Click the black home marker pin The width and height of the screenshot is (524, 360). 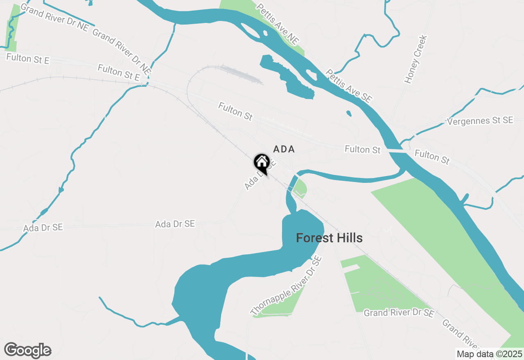tap(262, 163)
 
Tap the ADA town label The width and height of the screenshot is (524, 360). tap(284, 149)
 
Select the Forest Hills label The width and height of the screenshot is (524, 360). tap(329, 238)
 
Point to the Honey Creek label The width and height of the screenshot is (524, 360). tap(416, 59)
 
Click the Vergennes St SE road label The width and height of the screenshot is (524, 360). tap(480, 121)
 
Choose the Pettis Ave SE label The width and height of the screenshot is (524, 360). tap(348, 85)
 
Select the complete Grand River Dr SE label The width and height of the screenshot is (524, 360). tap(399, 313)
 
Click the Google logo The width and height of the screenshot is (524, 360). tap(28, 350)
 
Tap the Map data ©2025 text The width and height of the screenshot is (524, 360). tap(489, 354)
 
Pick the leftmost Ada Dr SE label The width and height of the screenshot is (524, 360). tap(43, 227)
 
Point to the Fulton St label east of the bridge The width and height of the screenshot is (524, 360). tap(432, 157)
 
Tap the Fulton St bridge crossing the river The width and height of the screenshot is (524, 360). tap(395, 151)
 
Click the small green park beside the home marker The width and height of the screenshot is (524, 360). tap(300, 188)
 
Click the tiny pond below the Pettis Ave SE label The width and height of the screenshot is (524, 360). tap(348, 113)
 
